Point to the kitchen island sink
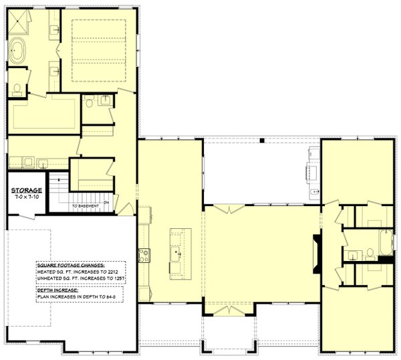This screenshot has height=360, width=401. coord(176,253)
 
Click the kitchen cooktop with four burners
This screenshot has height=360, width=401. coord(143,254)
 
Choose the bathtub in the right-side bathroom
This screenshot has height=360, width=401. coord(387,241)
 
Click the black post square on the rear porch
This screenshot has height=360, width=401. coord(263,141)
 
